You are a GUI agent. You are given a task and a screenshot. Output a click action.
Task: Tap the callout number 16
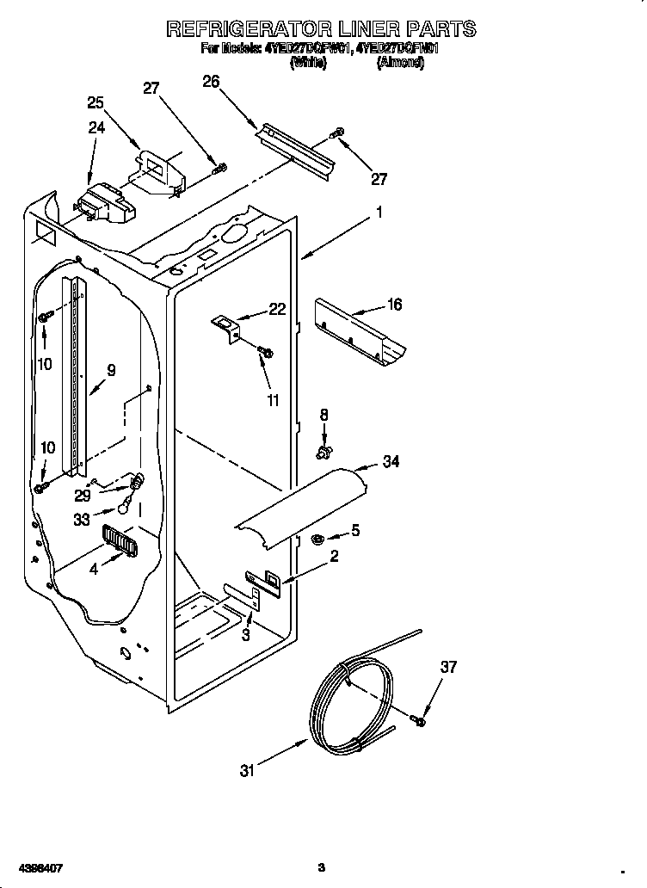(x=393, y=305)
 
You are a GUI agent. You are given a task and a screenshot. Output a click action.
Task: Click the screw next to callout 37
(x=418, y=720)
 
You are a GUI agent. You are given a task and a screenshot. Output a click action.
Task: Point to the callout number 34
(x=391, y=462)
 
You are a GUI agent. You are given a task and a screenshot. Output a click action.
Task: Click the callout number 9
(x=111, y=372)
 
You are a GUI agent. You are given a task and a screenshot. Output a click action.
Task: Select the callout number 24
(x=96, y=128)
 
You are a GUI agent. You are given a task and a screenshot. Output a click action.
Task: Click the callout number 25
(x=96, y=102)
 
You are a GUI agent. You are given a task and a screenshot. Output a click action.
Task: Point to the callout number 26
(x=211, y=82)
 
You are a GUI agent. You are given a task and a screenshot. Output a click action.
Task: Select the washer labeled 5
(x=316, y=540)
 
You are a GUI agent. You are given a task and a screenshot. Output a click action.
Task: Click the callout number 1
(x=379, y=212)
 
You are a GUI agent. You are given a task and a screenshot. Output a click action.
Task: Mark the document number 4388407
(x=35, y=867)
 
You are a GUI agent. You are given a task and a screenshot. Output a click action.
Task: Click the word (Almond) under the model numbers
(x=400, y=64)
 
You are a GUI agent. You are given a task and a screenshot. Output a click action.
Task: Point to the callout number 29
(x=83, y=496)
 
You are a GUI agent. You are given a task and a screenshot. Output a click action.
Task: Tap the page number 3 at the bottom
(x=321, y=867)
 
